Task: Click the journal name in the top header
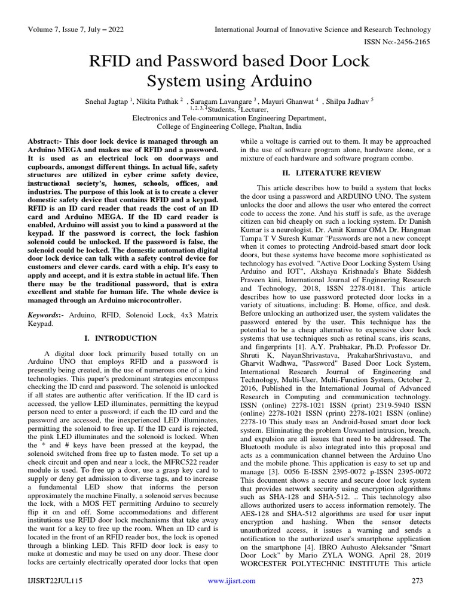tap(323, 29)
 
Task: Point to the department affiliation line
tap(229, 118)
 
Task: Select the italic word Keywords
tap(45, 314)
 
